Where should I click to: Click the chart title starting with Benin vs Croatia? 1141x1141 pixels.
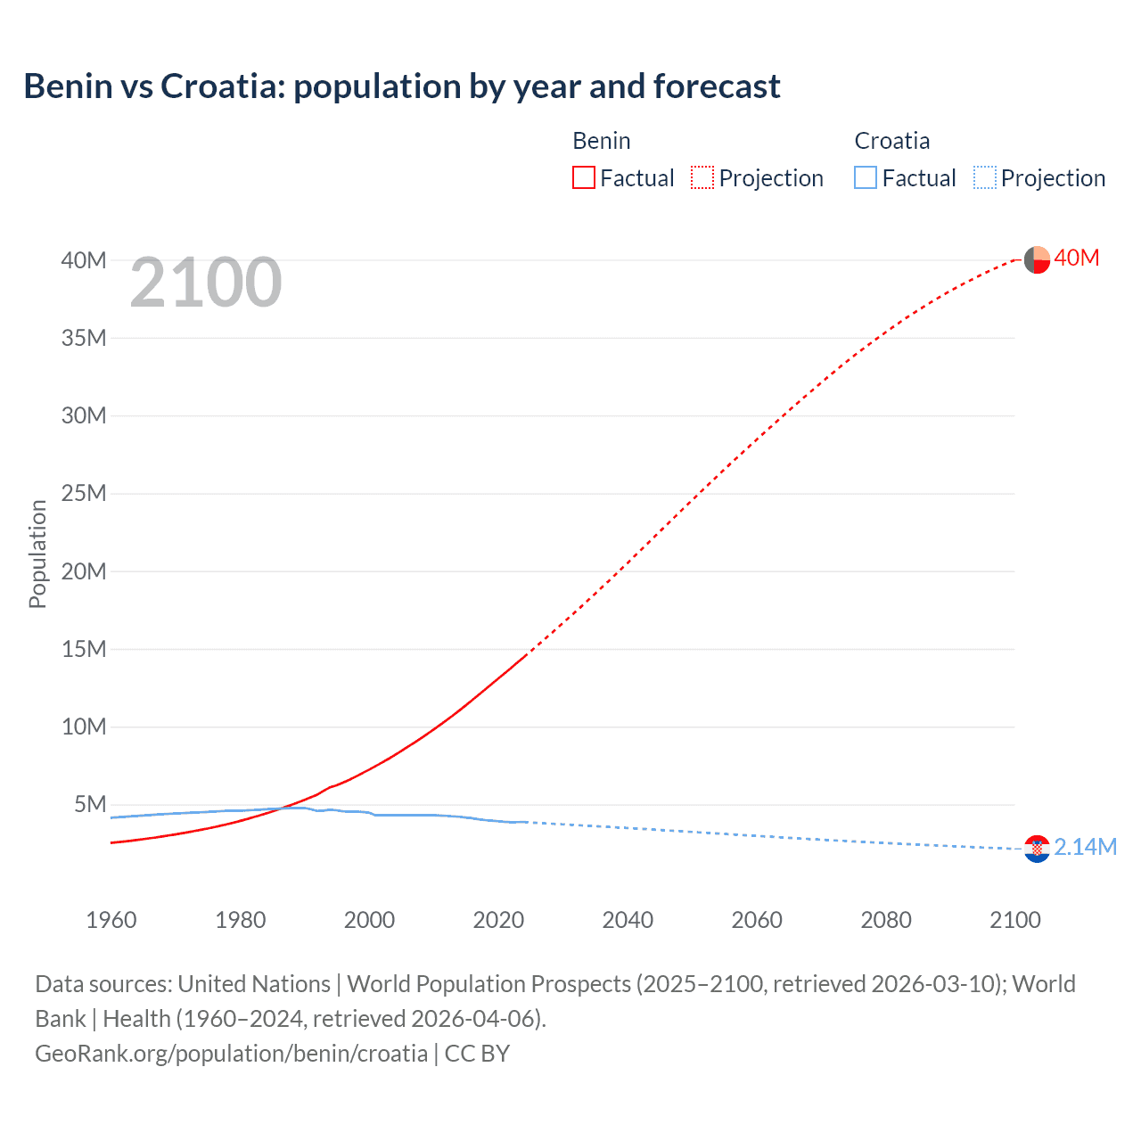click(402, 86)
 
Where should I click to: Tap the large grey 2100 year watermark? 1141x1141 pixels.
click(206, 283)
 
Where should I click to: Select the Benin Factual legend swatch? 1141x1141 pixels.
click(583, 178)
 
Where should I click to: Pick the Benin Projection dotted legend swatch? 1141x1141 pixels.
click(702, 178)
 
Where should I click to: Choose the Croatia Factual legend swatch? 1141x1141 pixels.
click(865, 178)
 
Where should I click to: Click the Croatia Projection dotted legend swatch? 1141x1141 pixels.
click(984, 178)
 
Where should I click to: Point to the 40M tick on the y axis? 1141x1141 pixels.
click(84, 260)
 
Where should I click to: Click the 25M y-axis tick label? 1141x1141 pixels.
click(84, 494)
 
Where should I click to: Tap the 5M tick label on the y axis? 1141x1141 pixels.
click(90, 805)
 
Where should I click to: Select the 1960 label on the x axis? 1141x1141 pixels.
click(111, 920)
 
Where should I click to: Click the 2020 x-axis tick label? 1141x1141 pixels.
click(498, 920)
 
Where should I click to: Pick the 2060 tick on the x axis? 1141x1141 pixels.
click(757, 920)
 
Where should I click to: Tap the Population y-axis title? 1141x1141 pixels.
click(37, 554)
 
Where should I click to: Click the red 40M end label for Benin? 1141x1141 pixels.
click(1076, 259)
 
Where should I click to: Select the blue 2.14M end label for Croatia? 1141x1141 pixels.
click(1085, 847)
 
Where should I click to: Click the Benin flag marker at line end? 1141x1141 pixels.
click(1037, 260)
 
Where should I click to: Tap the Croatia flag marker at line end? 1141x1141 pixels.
click(1037, 849)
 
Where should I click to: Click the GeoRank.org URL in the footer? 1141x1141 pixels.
click(232, 1054)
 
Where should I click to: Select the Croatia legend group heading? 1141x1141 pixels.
click(891, 141)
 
